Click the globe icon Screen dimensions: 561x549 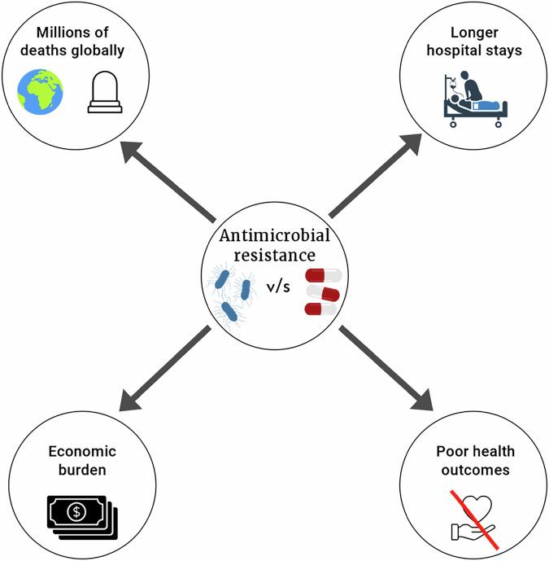(41, 92)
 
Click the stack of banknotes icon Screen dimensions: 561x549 (81, 514)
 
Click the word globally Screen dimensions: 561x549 (107, 52)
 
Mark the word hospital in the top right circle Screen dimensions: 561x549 (455, 52)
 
